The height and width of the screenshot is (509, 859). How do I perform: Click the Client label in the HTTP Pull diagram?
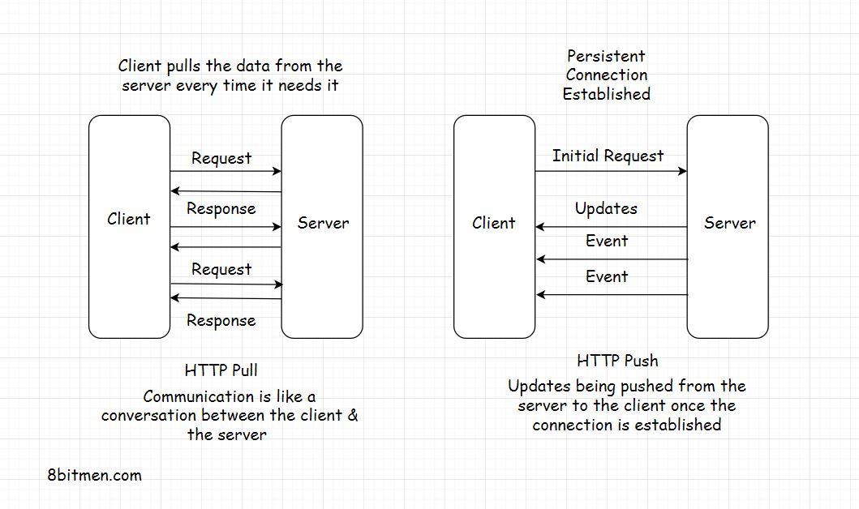tap(129, 219)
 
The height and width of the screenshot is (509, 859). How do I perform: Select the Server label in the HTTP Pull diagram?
tap(323, 223)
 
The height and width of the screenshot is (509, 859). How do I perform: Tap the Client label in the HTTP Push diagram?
tap(493, 223)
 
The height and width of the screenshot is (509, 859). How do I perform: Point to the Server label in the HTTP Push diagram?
tap(729, 223)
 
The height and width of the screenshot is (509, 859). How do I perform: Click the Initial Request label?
tap(608, 156)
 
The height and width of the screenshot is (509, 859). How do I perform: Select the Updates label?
tap(606, 208)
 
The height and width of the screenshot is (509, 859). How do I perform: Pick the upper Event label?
tap(607, 241)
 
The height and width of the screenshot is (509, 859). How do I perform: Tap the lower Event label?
tap(607, 276)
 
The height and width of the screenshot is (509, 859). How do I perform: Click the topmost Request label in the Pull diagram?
tap(221, 158)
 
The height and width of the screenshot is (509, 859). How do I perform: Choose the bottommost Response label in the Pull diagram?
tap(221, 320)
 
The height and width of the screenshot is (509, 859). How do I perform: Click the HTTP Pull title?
tap(221, 370)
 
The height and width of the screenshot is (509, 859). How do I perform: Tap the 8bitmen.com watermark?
tap(95, 475)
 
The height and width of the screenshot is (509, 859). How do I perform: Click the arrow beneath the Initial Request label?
tap(610, 171)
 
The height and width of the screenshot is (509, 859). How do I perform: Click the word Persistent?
tap(606, 56)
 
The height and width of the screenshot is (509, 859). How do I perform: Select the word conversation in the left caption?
tap(148, 415)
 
